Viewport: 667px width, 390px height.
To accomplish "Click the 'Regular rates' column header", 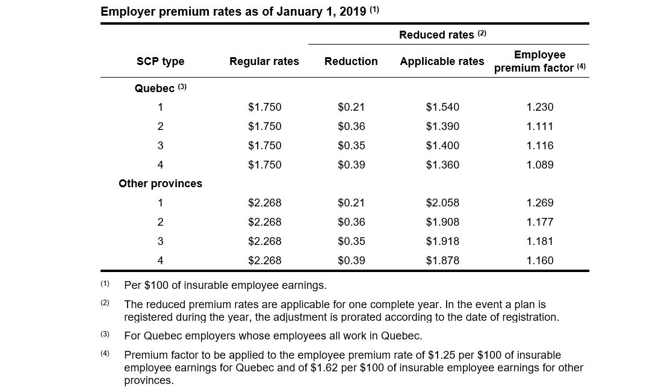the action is pyautogui.click(x=264, y=61).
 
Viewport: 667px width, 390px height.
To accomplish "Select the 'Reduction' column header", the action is pyautogui.click(x=351, y=61).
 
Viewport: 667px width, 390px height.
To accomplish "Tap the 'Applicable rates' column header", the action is pyautogui.click(x=442, y=61).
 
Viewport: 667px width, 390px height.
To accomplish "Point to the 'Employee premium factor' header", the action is pyautogui.click(x=540, y=61).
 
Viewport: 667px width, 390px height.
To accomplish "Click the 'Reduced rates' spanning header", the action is pyautogui.click(x=442, y=34).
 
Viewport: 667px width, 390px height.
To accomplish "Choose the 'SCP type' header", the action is pyautogui.click(x=160, y=61).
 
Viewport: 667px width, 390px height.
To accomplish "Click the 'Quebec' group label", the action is pyautogui.click(x=160, y=88).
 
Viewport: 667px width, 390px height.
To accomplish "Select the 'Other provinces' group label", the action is pyautogui.click(x=160, y=184).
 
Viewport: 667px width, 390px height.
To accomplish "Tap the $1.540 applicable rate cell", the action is pyautogui.click(x=442, y=107).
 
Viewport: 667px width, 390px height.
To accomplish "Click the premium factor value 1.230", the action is pyautogui.click(x=540, y=107).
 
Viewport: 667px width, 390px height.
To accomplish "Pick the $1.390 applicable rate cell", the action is pyautogui.click(x=442, y=126).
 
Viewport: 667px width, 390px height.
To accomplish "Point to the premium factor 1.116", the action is pyautogui.click(x=540, y=146).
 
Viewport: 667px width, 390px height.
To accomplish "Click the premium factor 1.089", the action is pyautogui.click(x=540, y=164).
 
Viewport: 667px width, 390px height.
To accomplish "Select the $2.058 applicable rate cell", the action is pyautogui.click(x=442, y=202).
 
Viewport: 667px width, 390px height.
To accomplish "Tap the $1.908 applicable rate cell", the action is pyautogui.click(x=442, y=221).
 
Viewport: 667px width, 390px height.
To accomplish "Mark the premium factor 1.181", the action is pyautogui.click(x=540, y=241).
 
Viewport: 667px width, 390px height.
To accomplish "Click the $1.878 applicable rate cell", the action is pyautogui.click(x=442, y=260).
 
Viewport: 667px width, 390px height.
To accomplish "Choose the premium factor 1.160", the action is pyautogui.click(x=540, y=260).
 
